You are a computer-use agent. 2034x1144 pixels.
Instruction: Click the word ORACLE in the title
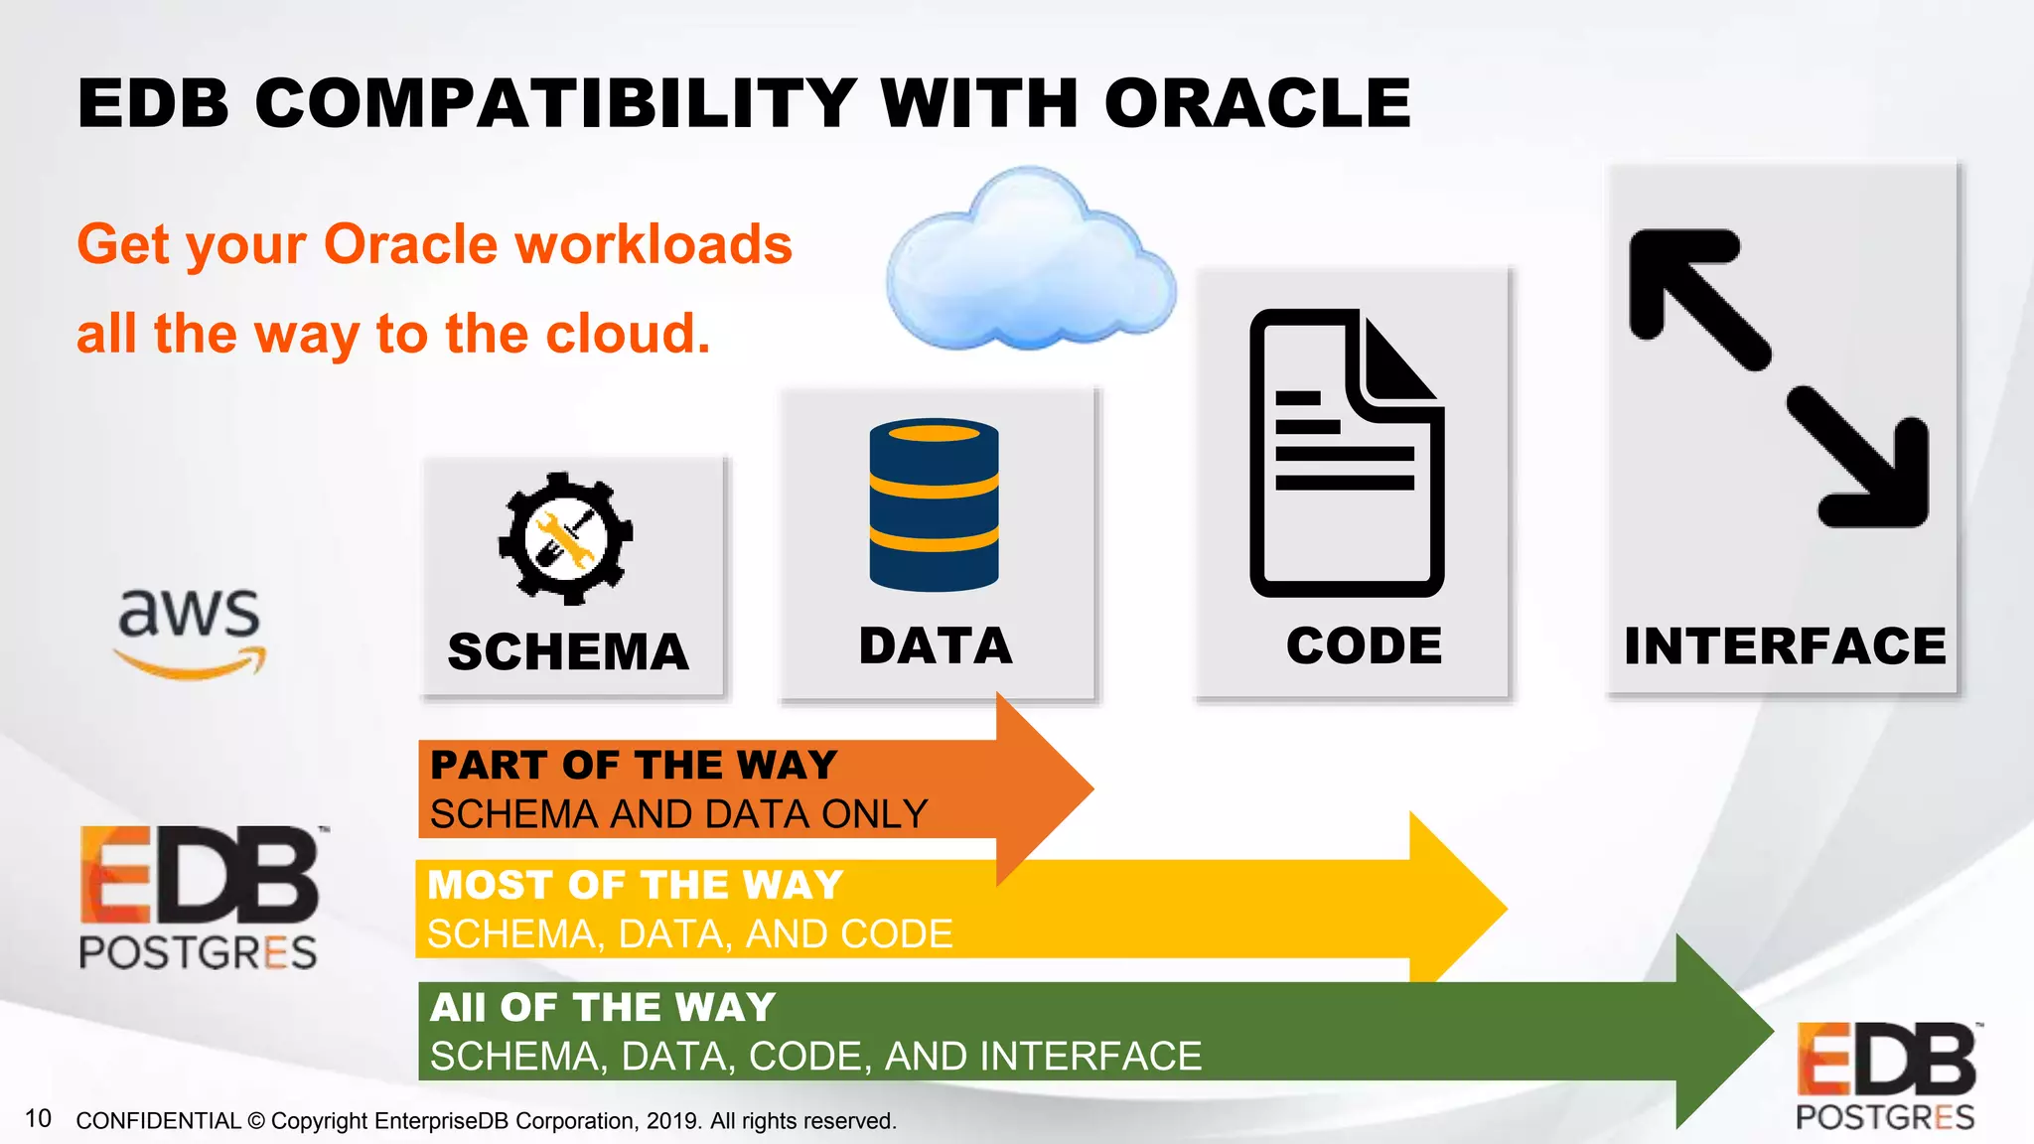(x=1257, y=103)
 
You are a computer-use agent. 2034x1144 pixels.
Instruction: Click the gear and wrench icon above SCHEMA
(x=565, y=538)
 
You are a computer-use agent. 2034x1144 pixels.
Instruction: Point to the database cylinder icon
(x=934, y=504)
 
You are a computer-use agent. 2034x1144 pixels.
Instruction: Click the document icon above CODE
(x=1346, y=453)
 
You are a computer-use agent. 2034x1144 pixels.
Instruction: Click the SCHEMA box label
(x=568, y=652)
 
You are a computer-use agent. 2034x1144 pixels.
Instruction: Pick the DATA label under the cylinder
(x=936, y=646)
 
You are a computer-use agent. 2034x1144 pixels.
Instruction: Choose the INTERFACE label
(x=1785, y=646)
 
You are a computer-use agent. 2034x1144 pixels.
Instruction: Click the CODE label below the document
(x=1364, y=646)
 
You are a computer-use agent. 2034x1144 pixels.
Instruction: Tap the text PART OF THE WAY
(x=634, y=765)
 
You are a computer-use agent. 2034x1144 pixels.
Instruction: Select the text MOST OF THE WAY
(x=636, y=885)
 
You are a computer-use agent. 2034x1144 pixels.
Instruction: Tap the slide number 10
(x=38, y=1118)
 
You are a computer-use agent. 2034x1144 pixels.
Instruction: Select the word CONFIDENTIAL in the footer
(x=158, y=1121)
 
